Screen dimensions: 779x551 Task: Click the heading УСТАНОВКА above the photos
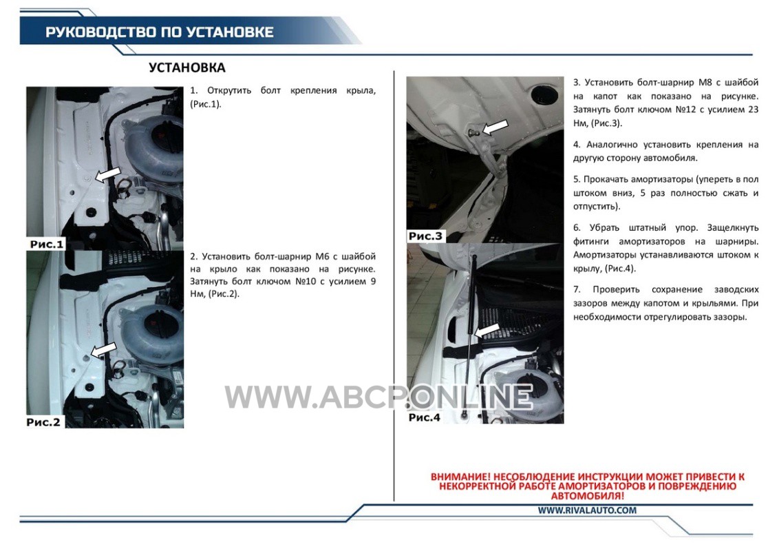pos(186,67)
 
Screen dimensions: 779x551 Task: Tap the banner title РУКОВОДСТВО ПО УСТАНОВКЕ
pos(160,32)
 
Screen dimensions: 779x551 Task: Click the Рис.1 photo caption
pos(47,245)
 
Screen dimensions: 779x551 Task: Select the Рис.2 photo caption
pos(43,422)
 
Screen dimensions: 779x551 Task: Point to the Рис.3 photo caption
pos(425,236)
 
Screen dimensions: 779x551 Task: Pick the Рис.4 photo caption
pos(425,417)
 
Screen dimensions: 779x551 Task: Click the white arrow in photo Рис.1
pos(107,175)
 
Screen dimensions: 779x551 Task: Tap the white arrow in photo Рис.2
pos(103,350)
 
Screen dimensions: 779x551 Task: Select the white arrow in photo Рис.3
pos(495,127)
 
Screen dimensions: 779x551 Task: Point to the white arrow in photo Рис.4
pos(487,331)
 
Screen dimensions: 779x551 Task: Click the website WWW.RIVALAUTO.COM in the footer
pos(587,510)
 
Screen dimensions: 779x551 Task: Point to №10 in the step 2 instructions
pos(305,282)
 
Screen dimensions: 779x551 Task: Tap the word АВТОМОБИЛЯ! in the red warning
pos(587,496)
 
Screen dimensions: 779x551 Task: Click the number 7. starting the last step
pos(577,289)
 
